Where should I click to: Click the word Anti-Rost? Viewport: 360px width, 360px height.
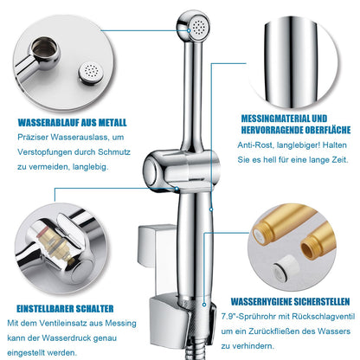(255, 145)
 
